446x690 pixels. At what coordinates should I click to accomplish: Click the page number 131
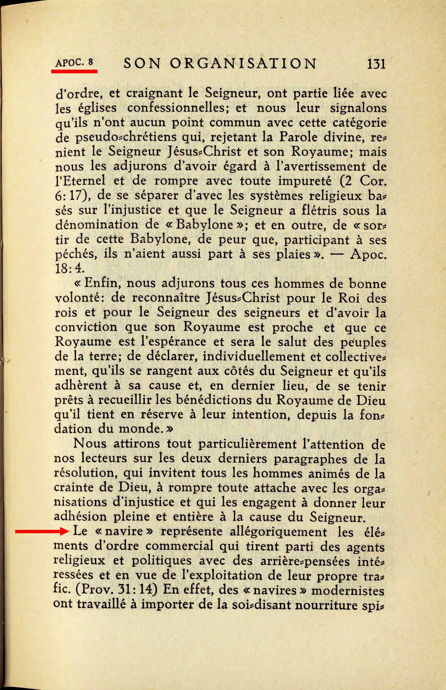376,63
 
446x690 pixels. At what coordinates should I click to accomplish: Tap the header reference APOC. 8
74,62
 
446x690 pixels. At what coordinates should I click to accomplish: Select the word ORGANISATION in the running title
243,63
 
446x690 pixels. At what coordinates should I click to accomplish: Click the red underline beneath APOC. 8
74,71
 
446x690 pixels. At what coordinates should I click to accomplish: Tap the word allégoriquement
278,532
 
